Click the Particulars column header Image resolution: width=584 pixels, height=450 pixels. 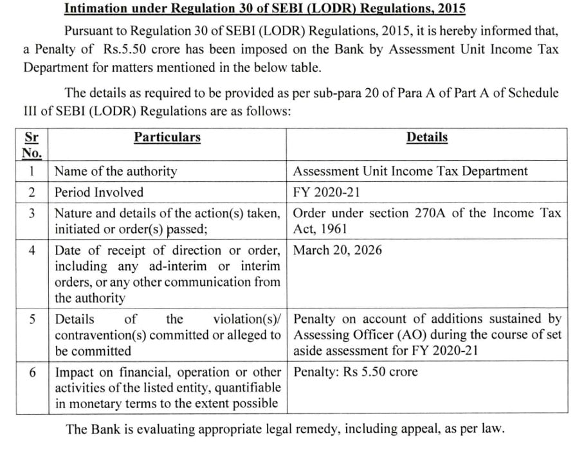pos(167,137)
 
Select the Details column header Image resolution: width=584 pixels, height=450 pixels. pos(426,137)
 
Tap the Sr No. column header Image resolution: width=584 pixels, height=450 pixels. pos(32,145)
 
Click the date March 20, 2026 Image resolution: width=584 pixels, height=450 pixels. pos(337,249)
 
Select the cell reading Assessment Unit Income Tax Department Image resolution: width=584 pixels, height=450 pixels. pos(410,171)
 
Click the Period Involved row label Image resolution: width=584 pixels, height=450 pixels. pos(99,192)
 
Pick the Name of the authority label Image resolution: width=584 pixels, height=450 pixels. pos(116,171)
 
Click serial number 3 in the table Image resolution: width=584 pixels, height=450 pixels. pos(32,213)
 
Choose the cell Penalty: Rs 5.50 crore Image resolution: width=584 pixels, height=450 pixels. pos(356,372)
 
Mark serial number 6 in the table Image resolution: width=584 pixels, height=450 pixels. pos(32,372)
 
